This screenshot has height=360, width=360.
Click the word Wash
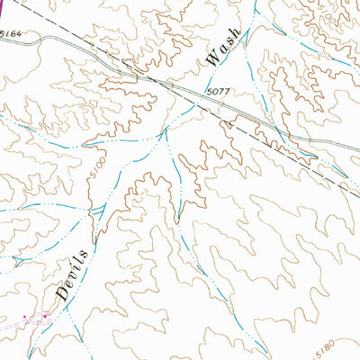point(223,47)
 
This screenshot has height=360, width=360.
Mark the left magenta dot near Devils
point(24,317)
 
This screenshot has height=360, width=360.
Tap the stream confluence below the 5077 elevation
point(167,131)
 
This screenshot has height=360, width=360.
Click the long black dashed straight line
point(270,135)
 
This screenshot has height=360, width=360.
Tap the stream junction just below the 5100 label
point(93,209)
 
